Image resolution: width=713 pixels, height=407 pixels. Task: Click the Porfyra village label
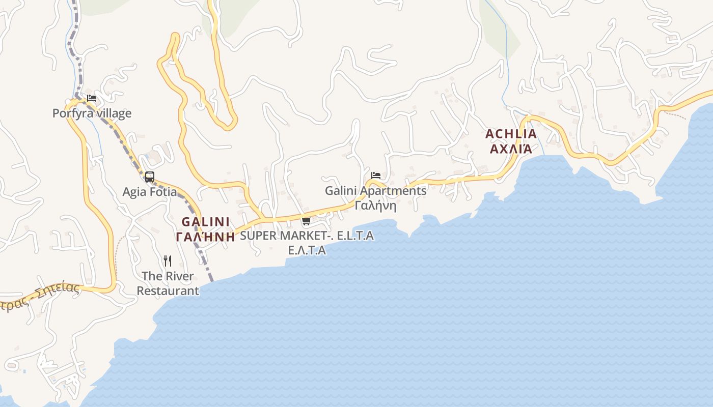point(92,113)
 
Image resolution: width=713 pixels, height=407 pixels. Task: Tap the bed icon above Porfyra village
point(92,98)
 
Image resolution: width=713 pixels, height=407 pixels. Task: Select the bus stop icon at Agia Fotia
point(149,177)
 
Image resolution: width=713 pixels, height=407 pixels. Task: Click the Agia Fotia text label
point(150,192)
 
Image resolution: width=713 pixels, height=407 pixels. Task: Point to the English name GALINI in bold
point(206,222)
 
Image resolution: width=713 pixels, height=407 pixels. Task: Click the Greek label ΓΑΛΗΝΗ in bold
point(206,237)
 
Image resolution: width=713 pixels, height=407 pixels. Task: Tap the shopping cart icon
point(306,221)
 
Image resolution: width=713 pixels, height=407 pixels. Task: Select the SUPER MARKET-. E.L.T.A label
point(307,236)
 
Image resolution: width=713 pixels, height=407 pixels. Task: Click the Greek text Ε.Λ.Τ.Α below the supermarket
point(307,250)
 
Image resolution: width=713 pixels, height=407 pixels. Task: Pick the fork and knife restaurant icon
point(168,261)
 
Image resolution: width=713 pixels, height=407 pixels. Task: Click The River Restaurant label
point(168,283)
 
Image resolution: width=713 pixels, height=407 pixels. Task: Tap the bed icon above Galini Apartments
point(376,176)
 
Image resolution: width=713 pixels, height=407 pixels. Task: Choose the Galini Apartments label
point(376,191)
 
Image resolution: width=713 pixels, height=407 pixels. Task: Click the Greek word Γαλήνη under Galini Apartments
point(376,206)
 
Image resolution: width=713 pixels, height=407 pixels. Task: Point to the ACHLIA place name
point(511,134)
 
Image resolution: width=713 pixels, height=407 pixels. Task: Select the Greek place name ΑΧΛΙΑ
point(511,149)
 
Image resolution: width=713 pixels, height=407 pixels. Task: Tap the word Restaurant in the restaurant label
point(168,291)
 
